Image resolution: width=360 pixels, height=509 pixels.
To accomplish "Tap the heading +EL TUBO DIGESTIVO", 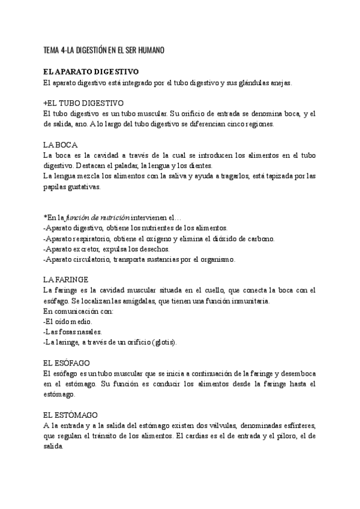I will tap(83, 103).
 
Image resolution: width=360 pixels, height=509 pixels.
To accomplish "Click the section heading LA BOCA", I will tap(61, 145).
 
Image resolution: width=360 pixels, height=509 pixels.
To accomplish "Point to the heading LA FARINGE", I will tap(67, 280).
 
